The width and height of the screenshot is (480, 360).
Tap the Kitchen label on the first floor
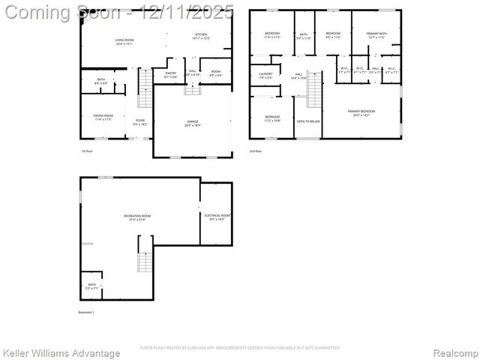pos(201,36)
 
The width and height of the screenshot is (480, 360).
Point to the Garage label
pos(193,123)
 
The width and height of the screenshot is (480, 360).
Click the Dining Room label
pos(103,117)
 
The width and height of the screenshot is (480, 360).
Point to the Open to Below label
pos(308,121)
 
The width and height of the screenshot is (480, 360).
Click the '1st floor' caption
pos(87,151)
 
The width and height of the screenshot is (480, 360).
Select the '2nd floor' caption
pos(256,151)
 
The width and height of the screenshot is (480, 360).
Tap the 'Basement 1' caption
pos(87,312)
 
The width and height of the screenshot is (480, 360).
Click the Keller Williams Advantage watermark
pos(61,353)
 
